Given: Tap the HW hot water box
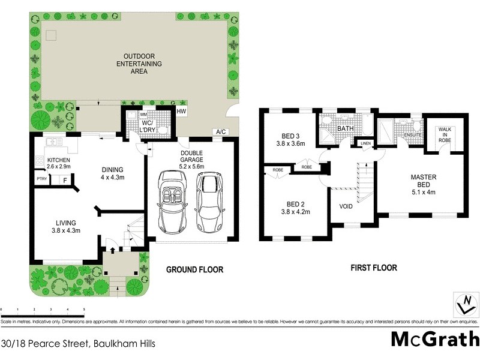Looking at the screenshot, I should [182, 112].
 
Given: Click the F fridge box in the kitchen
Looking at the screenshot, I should [64, 179].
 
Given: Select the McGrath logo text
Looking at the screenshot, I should [434, 339].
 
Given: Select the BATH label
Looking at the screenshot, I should [345, 128].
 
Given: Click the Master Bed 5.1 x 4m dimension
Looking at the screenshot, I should [423, 193].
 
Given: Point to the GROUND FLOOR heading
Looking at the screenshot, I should [194, 270].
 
